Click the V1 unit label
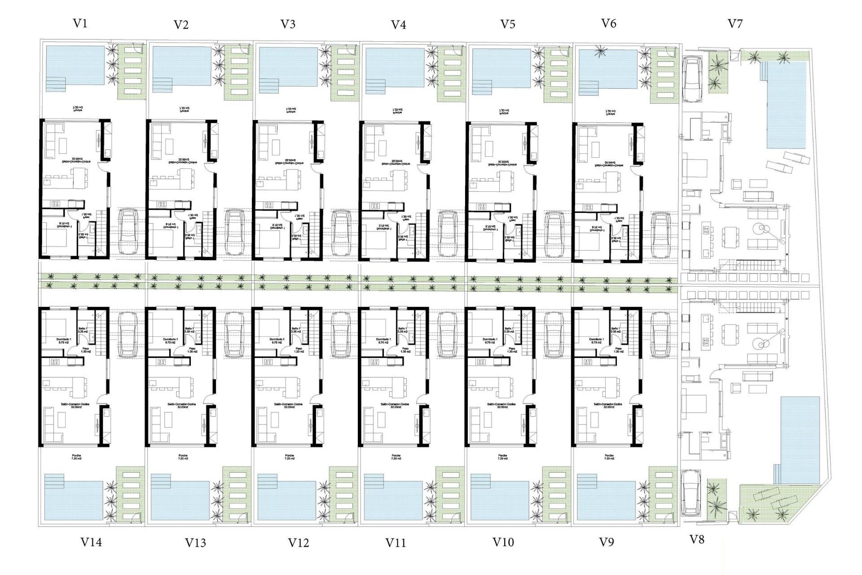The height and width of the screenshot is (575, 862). tap(80, 23)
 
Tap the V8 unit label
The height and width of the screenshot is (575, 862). tap(696, 539)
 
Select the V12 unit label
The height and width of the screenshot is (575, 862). tap(299, 543)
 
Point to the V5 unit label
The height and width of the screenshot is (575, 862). tap(507, 24)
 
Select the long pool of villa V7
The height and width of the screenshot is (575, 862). tap(786, 106)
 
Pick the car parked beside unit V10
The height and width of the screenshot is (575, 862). tap(554, 335)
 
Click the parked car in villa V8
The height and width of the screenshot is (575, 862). tap(690, 493)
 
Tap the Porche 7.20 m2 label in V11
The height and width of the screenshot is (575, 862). tap(396, 457)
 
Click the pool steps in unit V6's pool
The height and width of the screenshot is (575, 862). tap(586, 86)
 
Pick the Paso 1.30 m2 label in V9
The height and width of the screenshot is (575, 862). tap(618, 350)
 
